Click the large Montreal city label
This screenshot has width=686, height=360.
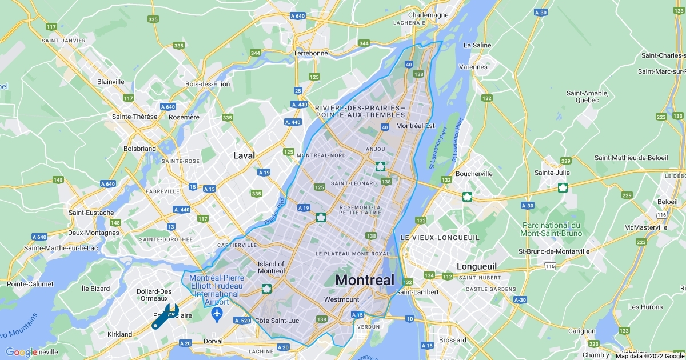[365, 281]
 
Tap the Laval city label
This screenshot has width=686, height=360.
[244, 155]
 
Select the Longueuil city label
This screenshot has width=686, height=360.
[476, 266]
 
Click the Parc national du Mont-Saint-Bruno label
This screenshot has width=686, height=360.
[551, 229]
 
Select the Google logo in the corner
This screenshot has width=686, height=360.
[22, 352]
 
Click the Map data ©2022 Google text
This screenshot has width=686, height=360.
[649, 356]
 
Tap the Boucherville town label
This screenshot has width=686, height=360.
[473, 174]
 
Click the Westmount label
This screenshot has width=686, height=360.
[341, 299]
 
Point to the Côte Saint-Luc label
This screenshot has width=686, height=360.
[277, 321]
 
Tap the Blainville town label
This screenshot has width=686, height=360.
[111, 82]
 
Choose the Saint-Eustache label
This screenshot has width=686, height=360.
[91, 213]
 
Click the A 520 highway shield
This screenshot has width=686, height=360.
[242, 321]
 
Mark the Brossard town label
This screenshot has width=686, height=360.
[452, 340]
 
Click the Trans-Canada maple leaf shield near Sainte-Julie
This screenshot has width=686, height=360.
[563, 187]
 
